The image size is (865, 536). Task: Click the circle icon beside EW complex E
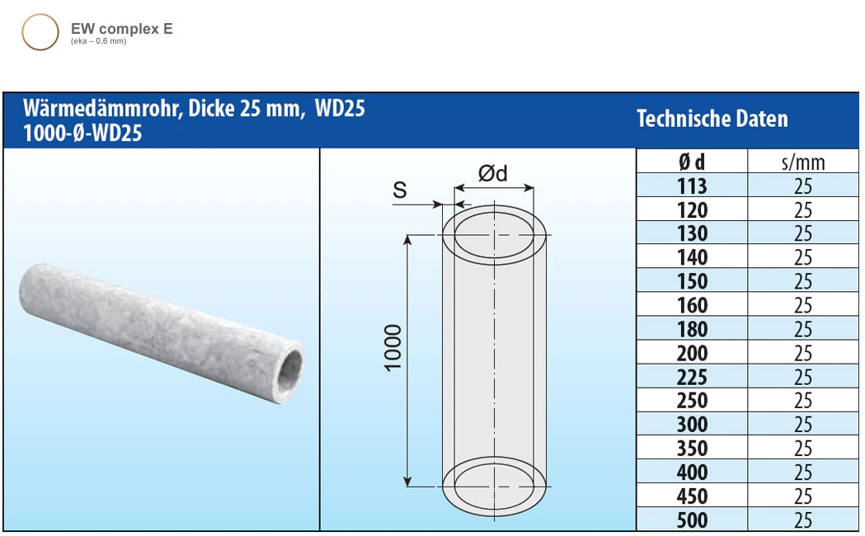coord(40,32)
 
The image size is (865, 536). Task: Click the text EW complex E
coord(121,29)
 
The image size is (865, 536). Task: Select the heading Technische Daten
coord(712,119)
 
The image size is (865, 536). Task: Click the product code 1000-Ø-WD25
coord(82,133)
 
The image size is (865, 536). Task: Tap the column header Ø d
coord(691,162)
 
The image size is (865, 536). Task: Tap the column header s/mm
coord(802,162)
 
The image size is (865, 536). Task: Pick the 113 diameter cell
coord(691,186)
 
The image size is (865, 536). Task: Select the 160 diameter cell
coord(691,306)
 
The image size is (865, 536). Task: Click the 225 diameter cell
coord(691,378)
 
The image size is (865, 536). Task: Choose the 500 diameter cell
coord(691,520)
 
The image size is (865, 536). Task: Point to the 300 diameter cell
coord(691,425)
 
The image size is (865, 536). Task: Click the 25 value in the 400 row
coord(802,473)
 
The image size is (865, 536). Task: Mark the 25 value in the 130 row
coord(802,234)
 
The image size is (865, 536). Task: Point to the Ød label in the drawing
coord(492,173)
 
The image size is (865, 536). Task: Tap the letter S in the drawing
coord(400,190)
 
